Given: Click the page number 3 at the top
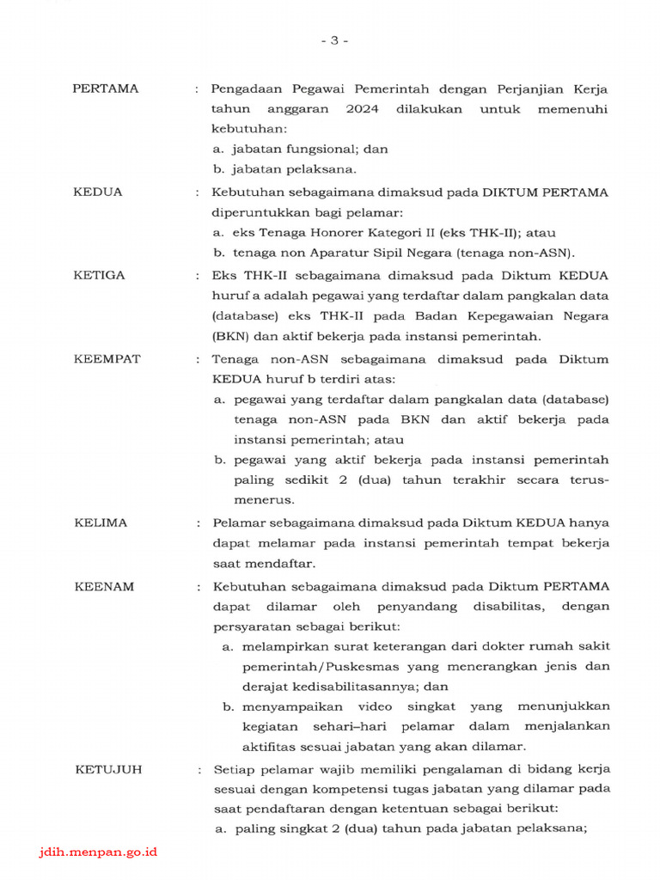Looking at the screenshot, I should coord(334,40).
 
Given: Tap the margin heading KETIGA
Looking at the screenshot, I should coord(99,275).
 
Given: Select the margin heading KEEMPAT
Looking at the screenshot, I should coord(107,358).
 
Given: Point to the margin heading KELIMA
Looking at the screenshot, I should coord(101,522).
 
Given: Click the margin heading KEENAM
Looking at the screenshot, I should coord(103,586).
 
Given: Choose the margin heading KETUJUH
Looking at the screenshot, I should coord(108,769).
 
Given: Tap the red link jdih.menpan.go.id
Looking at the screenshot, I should coord(99,852).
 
